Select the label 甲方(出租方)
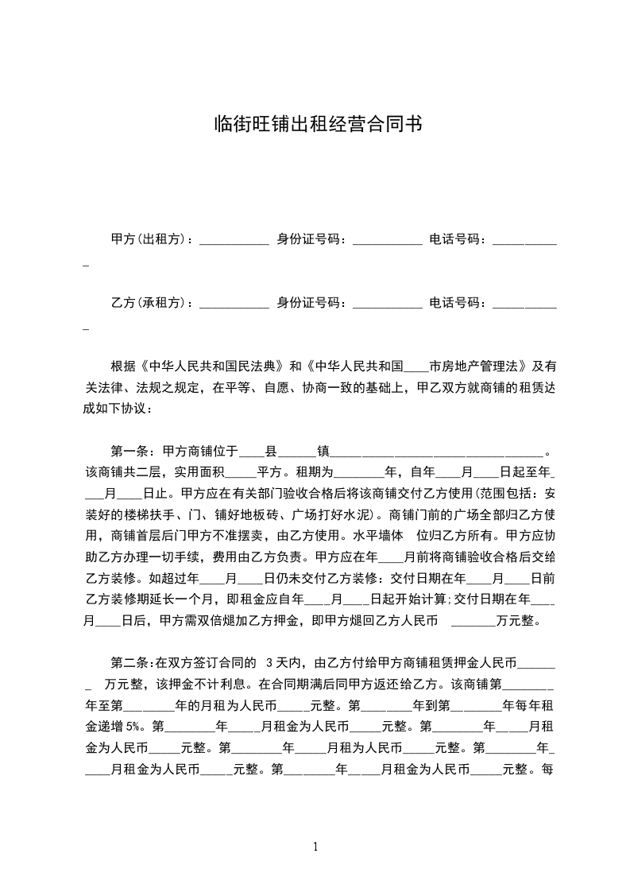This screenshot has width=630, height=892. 149,239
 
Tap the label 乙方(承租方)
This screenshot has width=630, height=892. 149,303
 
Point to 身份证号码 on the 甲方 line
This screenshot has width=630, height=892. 308,239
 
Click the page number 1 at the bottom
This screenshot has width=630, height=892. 315,846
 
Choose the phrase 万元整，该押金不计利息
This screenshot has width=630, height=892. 176,682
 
